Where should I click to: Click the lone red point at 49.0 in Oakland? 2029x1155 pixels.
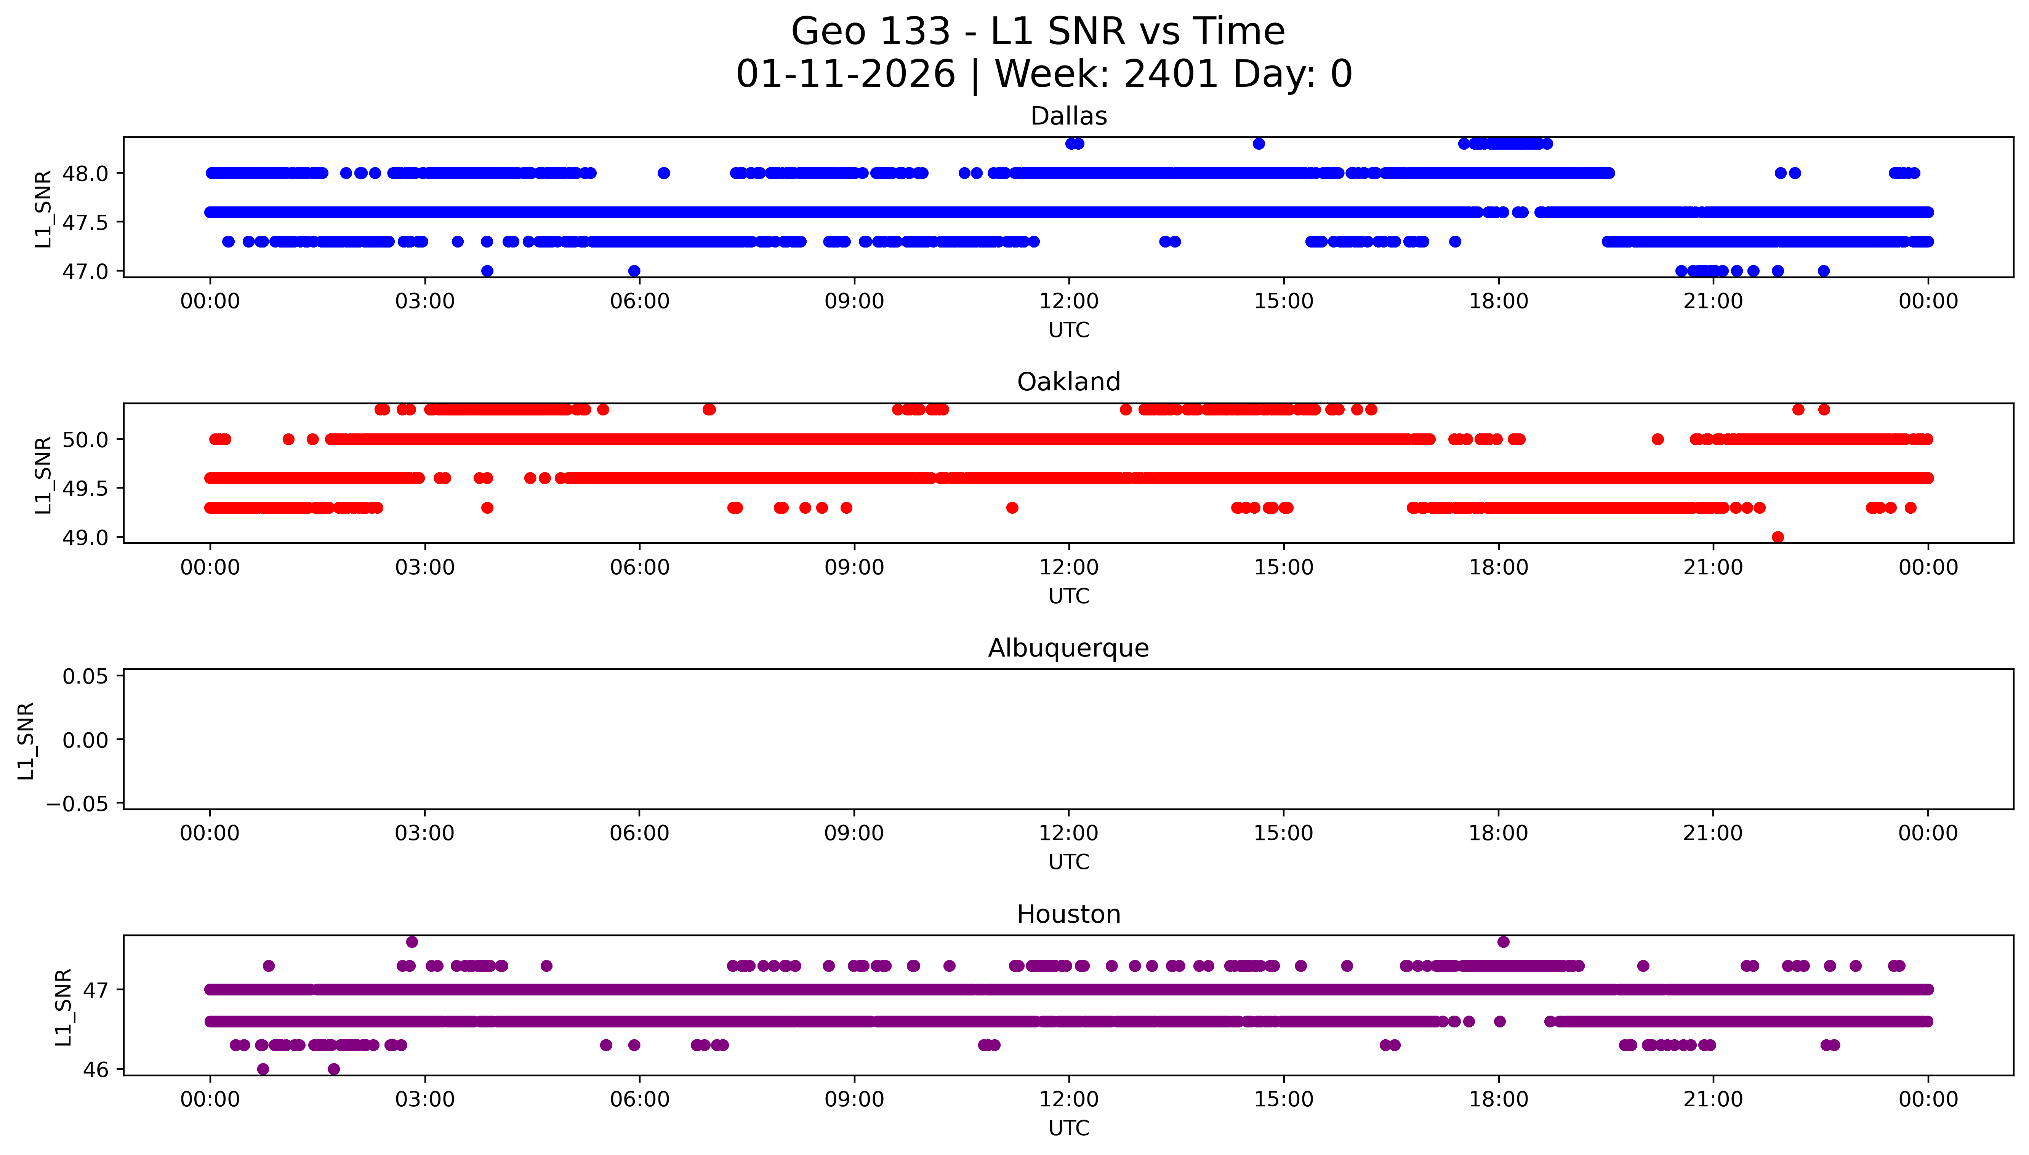pyautogui.click(x=1778, y=537)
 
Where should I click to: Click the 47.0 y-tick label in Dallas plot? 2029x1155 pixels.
pyautogui.click(x=85, y=271)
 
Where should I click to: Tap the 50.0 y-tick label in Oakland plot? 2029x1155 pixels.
pyautogui.click(x=85, y=439)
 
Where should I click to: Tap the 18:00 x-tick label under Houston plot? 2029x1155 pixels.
pyautogui.click(x=1498, y=1099)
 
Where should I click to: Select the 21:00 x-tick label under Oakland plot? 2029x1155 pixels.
pyautogui.click(x=1713, y=567)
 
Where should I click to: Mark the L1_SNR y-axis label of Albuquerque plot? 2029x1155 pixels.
pyautogui.click(x=26, y=740)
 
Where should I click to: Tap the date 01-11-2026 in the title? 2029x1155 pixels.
pyautogui.click(x=845, y=75)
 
